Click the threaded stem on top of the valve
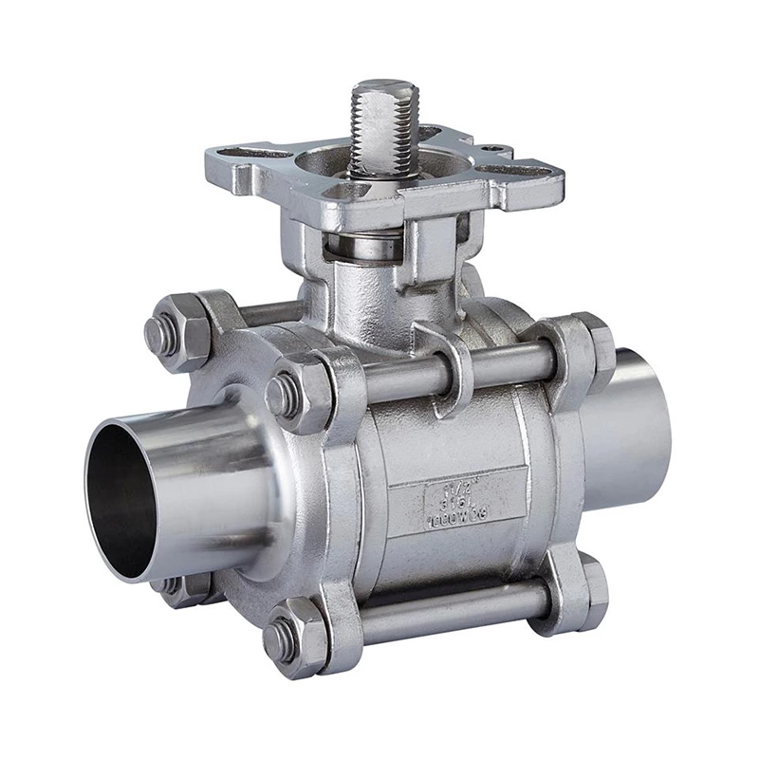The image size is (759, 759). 381,133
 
